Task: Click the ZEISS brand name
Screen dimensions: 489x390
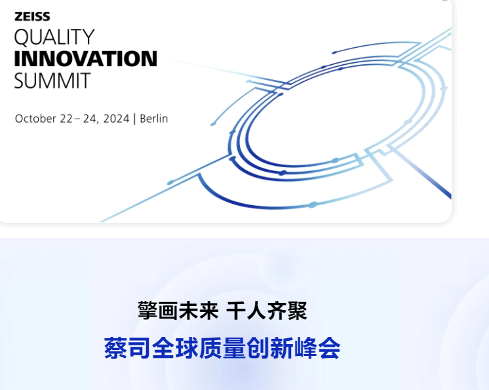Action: point(32,16)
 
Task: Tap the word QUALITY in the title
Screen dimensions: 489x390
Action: point(54,37)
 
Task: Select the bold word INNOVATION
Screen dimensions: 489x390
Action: point(85,58)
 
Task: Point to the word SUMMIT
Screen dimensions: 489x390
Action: point(52,81)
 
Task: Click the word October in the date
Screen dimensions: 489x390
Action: point(35,119)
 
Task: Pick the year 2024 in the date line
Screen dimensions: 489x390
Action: point(116,119)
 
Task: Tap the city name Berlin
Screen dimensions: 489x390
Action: point(154,119)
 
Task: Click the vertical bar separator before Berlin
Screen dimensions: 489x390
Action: point(134,119)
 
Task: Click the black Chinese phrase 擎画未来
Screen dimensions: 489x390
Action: point(178,311)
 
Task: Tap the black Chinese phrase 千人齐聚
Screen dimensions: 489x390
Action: point(267,311)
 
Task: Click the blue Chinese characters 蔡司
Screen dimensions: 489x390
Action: point(127,348)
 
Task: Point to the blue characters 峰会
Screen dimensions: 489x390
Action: point(317,348)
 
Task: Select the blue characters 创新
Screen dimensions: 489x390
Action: point(270,348)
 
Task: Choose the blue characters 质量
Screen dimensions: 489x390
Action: point(222,348)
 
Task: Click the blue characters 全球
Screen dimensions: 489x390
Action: point(175,348)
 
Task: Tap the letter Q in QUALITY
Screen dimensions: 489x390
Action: point(22,38)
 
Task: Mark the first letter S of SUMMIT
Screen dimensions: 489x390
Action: point(20,81)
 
